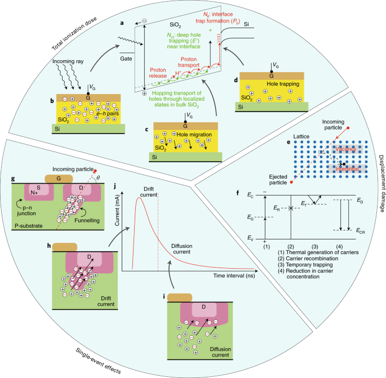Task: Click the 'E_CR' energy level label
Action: click(361, 230)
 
